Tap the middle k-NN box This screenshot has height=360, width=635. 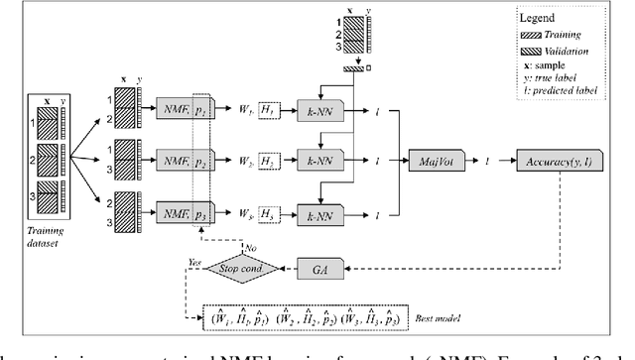pyautogui.click(x=319, y=158)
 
